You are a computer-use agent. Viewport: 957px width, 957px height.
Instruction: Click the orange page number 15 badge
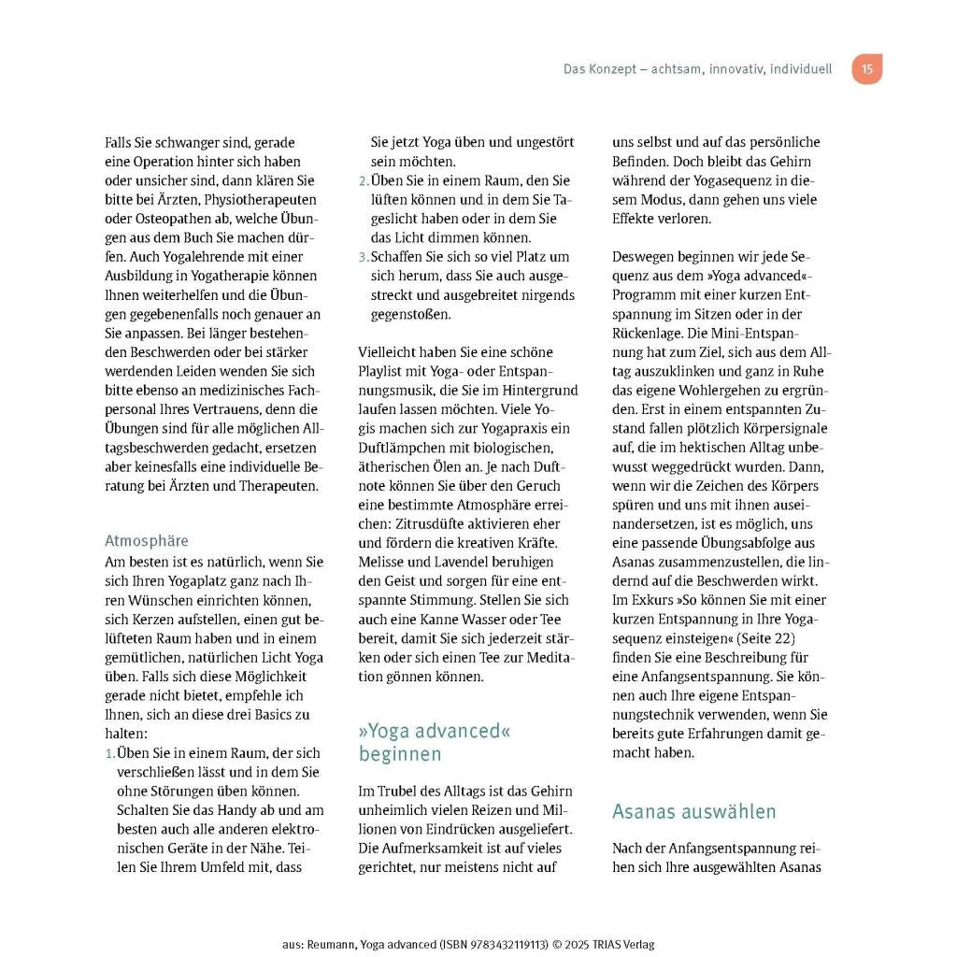point(866,69)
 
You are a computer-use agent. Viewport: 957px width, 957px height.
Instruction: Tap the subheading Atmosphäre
point(146,540)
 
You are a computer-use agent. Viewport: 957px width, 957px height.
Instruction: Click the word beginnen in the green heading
point(400,753)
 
